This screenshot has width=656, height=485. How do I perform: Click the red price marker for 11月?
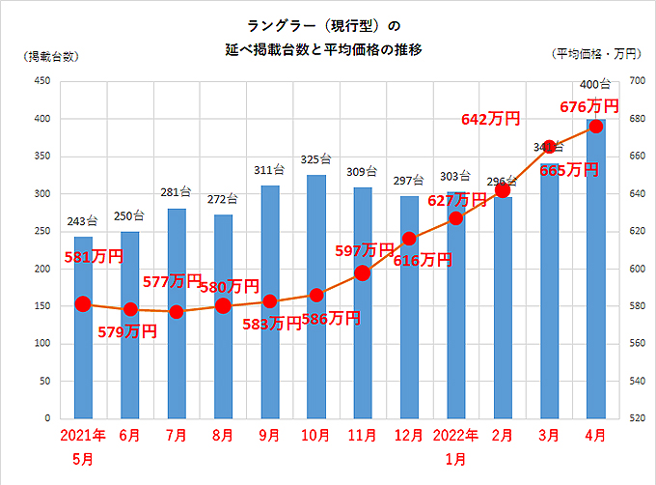(x=362, y=273)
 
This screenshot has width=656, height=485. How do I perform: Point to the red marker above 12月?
(x=409, y=239)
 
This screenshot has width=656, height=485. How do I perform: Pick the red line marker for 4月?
(x=595, y=127)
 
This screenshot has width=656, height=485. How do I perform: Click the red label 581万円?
(x=94, y=257)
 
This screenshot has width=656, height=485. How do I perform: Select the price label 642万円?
(x=491, y=119)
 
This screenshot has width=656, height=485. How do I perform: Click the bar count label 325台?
(x=315, y=159)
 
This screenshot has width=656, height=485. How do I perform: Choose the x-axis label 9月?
(x=269, y=436)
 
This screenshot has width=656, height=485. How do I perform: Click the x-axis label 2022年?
(x=455, y=436)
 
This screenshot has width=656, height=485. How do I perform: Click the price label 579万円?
(x=127, y=331)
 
